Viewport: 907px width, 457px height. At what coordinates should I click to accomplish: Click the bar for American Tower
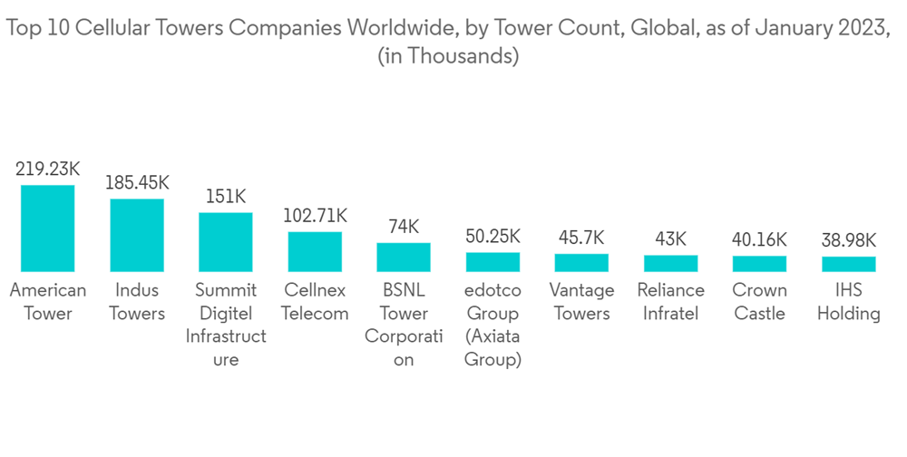point(48,228)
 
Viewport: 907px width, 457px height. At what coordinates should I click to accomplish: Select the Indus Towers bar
point(137,235)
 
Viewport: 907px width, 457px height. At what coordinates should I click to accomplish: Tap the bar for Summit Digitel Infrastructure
point(226,242)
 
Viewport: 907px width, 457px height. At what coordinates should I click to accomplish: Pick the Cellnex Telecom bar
point(315,251)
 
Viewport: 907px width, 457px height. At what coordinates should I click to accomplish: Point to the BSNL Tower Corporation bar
point(404,258)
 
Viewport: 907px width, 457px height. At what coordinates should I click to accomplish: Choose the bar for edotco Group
point(493,262)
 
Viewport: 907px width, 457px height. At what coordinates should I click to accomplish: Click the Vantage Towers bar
point(581,263)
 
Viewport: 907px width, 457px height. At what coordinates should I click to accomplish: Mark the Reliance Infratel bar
point(670,264)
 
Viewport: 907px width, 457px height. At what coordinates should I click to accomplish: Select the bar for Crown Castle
point(759,264)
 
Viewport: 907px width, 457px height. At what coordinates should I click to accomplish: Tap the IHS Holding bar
point(848,265)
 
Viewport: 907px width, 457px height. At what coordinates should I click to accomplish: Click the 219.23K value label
point(48,169)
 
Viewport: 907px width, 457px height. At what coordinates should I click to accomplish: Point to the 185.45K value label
point(137,182)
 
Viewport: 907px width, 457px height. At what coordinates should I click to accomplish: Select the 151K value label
point(226,197)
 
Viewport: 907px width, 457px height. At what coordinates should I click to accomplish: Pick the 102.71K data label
point(315,216)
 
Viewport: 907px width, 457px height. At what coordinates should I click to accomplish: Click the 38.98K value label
point(848,240)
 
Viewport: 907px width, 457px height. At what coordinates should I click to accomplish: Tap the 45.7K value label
point(581,238)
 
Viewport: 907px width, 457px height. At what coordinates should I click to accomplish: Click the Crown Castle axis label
point(759,302)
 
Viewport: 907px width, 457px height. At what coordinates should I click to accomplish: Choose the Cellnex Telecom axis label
point(315,302)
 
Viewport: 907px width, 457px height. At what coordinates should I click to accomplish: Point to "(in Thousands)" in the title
point(447,56)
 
